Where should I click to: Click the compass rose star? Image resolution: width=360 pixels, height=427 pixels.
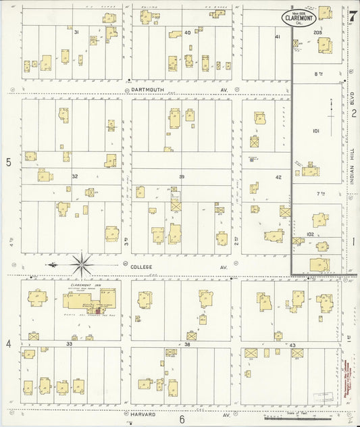pos(82,262)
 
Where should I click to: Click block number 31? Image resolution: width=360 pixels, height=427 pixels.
pos(76,32)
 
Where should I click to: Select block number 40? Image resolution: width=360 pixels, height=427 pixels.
pos(187,32)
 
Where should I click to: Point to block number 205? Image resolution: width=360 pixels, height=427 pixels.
pos(317,32)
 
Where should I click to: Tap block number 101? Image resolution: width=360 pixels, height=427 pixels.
pos(315,131)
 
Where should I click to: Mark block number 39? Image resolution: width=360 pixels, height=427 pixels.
pos(181,176)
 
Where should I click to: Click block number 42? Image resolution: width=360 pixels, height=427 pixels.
pos(278,177)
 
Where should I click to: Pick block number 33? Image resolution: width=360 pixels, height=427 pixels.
pos(70,344)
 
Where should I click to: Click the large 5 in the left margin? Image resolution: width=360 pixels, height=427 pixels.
pos(9,162)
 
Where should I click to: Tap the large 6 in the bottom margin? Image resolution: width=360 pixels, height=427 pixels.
pos(182,419)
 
